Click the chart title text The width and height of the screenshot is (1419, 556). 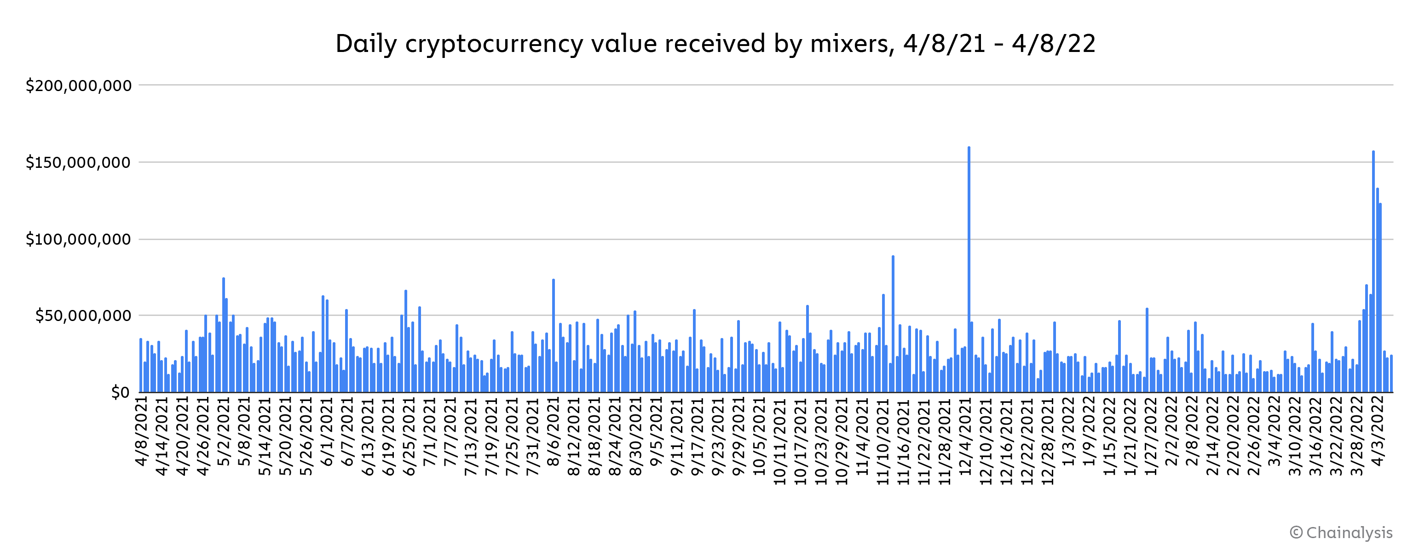[x=715, y=44]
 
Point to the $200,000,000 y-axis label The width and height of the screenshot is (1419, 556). [x=79, y=86]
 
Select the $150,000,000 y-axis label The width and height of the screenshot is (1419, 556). [x=79, y=163]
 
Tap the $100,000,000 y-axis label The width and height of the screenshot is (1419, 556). [x=79, y=240]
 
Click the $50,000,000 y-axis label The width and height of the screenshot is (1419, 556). [x=83, y=316]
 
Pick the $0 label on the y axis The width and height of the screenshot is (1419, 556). [x=120, y=392]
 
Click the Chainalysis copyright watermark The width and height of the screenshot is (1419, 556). [x=1341, y=533]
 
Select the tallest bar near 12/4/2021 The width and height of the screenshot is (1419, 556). [x=969, y=270]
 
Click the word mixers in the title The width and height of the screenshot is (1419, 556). [x=852, y=44]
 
